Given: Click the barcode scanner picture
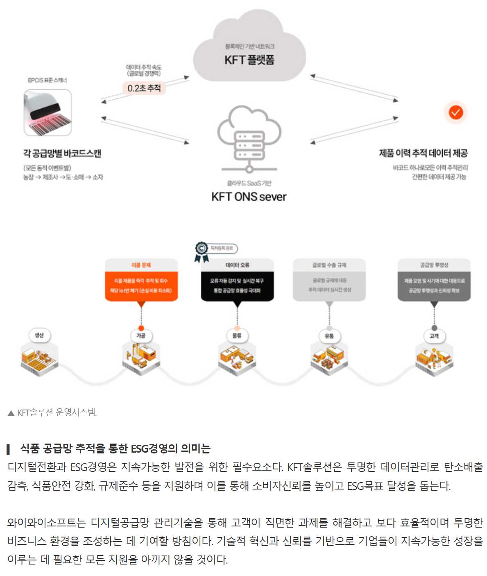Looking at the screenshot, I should pyautogui.click(x=48, y=113).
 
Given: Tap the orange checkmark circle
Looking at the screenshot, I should pyautogui.click(x=455, y=112).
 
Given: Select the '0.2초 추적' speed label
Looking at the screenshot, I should pyautogui.click(x=144, y=88).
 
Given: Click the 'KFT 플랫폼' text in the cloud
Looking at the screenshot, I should pyautogui.click(x=249, y=60).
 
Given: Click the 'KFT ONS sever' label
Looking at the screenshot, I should pyautogui.click(x=249, y=197).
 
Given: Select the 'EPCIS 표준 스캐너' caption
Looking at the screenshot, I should pyautogui.click(x=47, y=80).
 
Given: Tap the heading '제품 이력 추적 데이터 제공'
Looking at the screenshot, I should pyautogui.click(x=423, y=153).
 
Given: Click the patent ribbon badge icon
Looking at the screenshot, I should pyautogui.click(x=202, y=251).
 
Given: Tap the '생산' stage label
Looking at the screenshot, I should pyautogui.click(x=39, y=335).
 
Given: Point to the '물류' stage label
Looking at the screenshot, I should pyautogui.click(x=237, y=336).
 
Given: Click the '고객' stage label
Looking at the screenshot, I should pyautogui.click(x=434, y=336).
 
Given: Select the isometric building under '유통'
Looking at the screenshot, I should pyautogui.click(x=329, y=359).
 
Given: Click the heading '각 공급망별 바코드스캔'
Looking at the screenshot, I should pyautogui.click(x=62, y=153).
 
